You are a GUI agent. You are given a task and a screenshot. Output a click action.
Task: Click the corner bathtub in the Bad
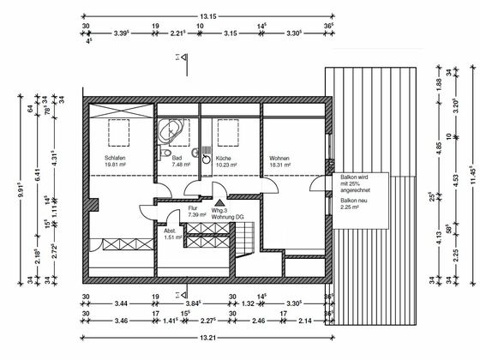point(170,131)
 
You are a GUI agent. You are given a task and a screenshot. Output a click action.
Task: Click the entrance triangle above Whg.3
point(219,201)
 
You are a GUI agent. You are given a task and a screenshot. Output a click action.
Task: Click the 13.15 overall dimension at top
point(207,15)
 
